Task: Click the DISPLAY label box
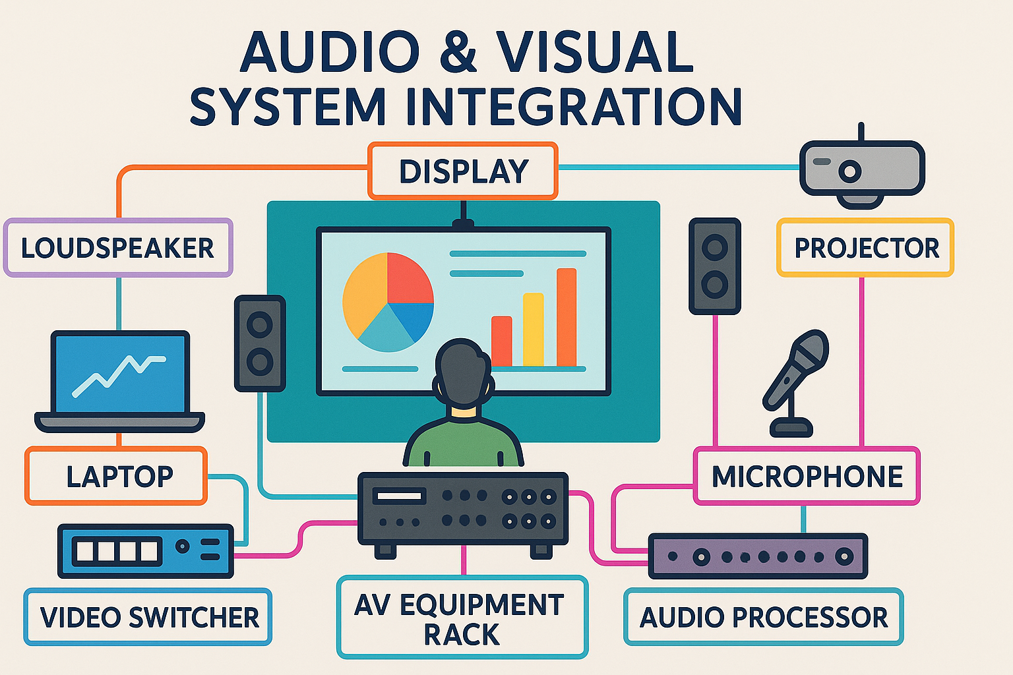463,171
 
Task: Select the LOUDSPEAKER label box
118,248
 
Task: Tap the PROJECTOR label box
865,248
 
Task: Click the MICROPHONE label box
807,476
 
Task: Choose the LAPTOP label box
117,476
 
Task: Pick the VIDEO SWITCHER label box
148,617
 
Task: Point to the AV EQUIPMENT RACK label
462,618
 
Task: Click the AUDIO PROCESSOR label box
763,617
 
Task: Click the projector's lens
849,171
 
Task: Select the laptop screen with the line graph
120,373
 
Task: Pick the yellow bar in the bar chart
533,330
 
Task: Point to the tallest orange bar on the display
567,316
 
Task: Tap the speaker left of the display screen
260,343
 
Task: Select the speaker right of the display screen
715,266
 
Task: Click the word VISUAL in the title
595,53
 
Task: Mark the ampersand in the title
457,53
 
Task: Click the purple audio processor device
758,556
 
